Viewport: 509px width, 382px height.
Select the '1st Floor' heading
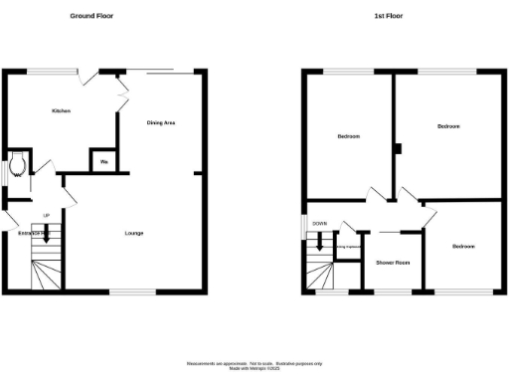point(387,16)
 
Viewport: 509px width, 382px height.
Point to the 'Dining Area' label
point(161,122)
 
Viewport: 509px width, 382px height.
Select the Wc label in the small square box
point(103,161)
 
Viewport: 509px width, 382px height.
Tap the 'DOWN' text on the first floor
point(319,224)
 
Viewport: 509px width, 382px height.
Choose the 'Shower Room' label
point(392,263)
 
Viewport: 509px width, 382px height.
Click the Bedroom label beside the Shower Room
point(463,246)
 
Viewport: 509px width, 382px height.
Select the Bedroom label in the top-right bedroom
point(448,126)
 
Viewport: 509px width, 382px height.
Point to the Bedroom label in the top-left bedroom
point(348,136)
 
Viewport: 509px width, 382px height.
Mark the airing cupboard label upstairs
point(345,248)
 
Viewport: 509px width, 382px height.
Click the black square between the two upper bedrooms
point(397,150)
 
